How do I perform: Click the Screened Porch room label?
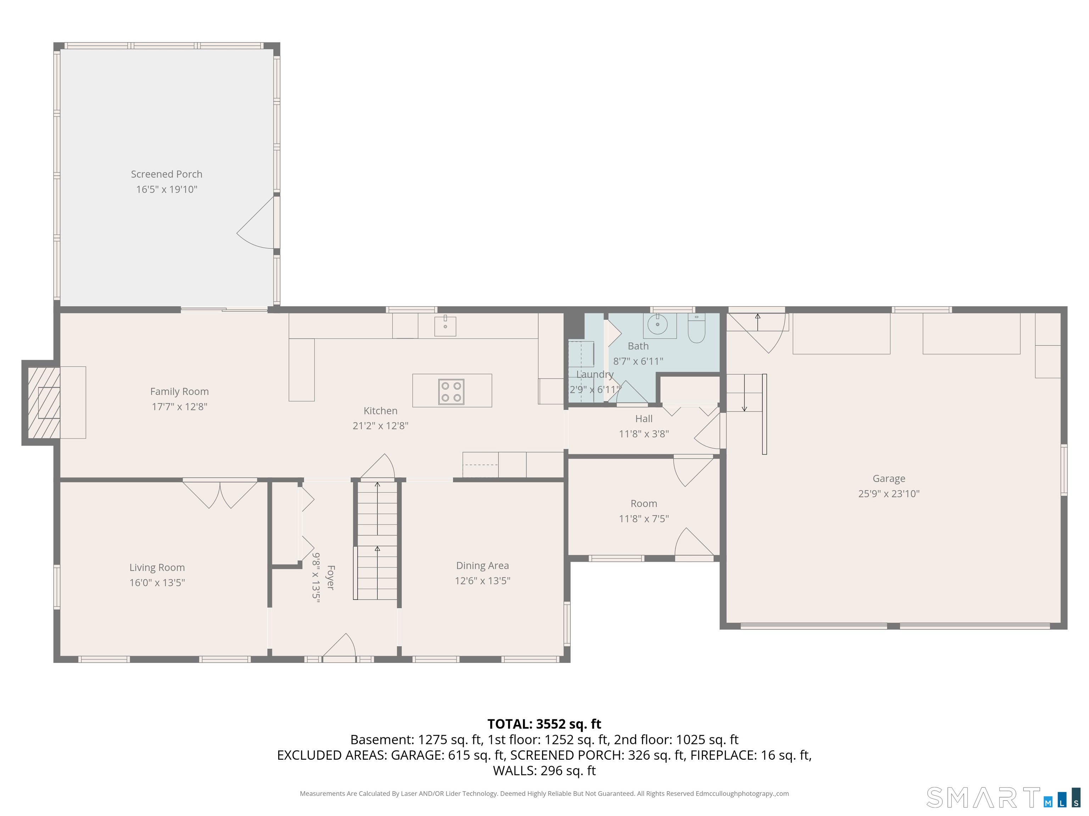pyautogui.click(x=166, y=174)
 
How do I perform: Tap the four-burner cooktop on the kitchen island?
pyautogui.click(x=451, y=391)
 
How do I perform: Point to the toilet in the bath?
pyautogui.click(x=696, y=328)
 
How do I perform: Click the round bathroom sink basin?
pyautogui.click(x=657, y=325)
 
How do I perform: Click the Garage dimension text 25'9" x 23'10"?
pyautogui.click(x=889, y=494)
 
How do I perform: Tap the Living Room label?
pyautogui.click(x=157, y=568)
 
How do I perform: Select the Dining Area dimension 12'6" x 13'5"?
pyautogui.click(x=482, y=581)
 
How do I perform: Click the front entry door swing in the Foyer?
pyautogui.click(x=340, y=645)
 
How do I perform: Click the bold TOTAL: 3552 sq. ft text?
pyautogui.click(x=544, y=724)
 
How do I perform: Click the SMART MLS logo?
pyautogui.click(x=1003, y=797)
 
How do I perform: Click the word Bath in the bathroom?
pyautogui.click(x=638, y=346)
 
